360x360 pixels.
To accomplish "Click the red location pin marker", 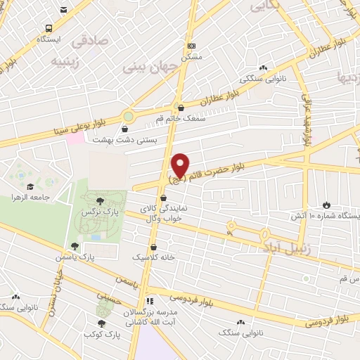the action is [x=181, y=165].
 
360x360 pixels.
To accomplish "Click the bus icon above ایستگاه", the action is [x=49, y=28].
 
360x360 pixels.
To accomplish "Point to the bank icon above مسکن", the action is [x=191, y=46].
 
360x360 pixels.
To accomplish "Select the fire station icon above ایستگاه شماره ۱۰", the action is [x=326, y=205].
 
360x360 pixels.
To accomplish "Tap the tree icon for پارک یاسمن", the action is [x=75, y=246].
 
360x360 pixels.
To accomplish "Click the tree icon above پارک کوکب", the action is [x=102, y=323].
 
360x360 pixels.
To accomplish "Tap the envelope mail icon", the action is [x=64, y=11].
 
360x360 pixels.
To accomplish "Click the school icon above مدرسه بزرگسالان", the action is [x=149, y=301].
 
